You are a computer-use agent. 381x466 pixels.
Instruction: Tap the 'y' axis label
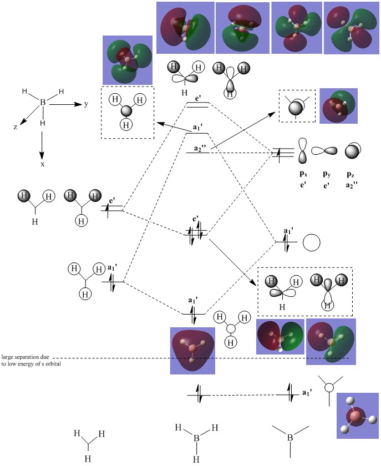tap(86, 104)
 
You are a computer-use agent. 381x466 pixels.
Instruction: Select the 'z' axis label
tap(16, 127)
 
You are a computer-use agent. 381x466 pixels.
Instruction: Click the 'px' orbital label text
tap(303, 174)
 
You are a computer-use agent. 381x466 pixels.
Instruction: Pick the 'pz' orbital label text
tap(350, 174)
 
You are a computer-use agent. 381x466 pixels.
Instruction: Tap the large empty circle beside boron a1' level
tap(312, 242)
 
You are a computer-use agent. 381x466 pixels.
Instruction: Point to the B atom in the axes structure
tap(42, 102)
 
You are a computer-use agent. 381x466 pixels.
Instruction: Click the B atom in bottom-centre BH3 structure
tap(196, 438)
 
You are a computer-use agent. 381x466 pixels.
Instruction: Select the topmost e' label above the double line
tap(198, 98)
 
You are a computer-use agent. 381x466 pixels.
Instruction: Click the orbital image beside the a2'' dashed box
tap(339, 105)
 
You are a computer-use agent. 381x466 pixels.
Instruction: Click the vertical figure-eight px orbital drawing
tap(302, 151)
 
